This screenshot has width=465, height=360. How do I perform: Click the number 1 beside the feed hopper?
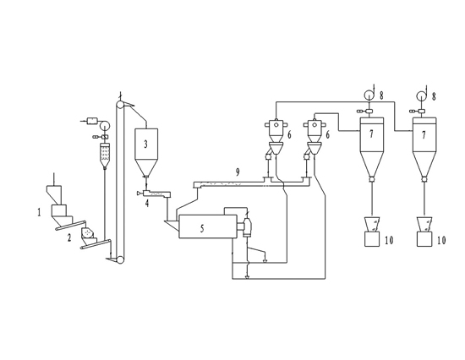coord(39,212)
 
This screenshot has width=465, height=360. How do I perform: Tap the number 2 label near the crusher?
coord(69,237)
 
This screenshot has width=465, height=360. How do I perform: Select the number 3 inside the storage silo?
coord(145,145)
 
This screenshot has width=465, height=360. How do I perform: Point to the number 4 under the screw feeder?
coord(147,204)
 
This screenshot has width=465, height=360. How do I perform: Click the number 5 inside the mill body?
coord(202,228)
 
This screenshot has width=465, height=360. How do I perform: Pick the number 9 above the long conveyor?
coord(238,172)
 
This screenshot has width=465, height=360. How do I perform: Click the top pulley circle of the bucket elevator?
coord(120,105)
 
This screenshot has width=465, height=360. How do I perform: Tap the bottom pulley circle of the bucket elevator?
coord(120,259)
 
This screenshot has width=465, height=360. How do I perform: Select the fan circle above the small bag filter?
coord(104,125)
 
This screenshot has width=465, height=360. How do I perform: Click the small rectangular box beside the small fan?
coord(92,121)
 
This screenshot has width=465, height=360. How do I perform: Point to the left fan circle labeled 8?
coord(369,95)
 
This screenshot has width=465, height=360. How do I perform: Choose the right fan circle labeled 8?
coord(421,95)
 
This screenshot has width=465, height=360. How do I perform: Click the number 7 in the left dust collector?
coord(371,134)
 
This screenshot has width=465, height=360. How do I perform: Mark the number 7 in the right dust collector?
coord(424,135)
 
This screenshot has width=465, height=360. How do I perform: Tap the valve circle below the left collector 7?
coord(372,179)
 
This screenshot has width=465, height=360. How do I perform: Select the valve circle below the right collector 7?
coord(424,179)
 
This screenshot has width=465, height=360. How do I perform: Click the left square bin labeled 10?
coord(372,239)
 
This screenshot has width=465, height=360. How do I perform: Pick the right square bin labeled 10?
coord(424,239)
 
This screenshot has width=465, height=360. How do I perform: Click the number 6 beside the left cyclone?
coord(289,135)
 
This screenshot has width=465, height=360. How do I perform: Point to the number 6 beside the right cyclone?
coord(327,135)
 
